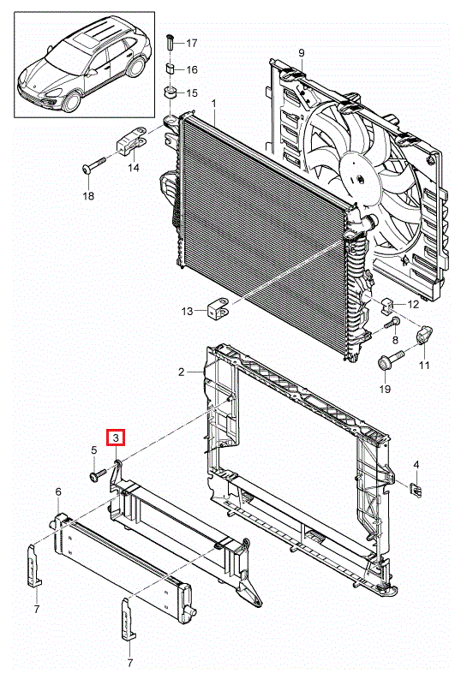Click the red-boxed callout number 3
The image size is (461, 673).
pyautogui.click(x=116, y=438)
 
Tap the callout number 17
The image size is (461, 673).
pyautogui.click(x=192, y=43)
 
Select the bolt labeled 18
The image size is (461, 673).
pyautogui.click(x=94, y=165)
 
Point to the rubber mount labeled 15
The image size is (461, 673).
pyautogui.click(x=171, y=92)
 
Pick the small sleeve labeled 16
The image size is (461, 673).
pyautogui.click(x=171, y=68)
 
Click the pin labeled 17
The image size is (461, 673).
pyautogui.click(x=171, y=43)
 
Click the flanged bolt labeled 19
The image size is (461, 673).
pyautogui.click(x=390, y=360)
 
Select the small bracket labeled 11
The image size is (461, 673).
pyautogui.click(x=424, y=335)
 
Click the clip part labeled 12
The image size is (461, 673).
pyautogui.click(x=387, y=306)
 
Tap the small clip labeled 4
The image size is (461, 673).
pyautogui.click(x=416, y=489)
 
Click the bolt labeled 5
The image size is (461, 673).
pyautogui.click(x=98, y=474)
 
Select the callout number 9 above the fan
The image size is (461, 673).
pyautogui.click(x=301, y=53)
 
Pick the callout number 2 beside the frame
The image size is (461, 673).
pyautogui.click(x=182, y=372)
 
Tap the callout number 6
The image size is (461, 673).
pyautogui.click(x=58, y=491)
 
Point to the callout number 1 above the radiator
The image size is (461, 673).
pyautogui.click(x=214, y=104)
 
